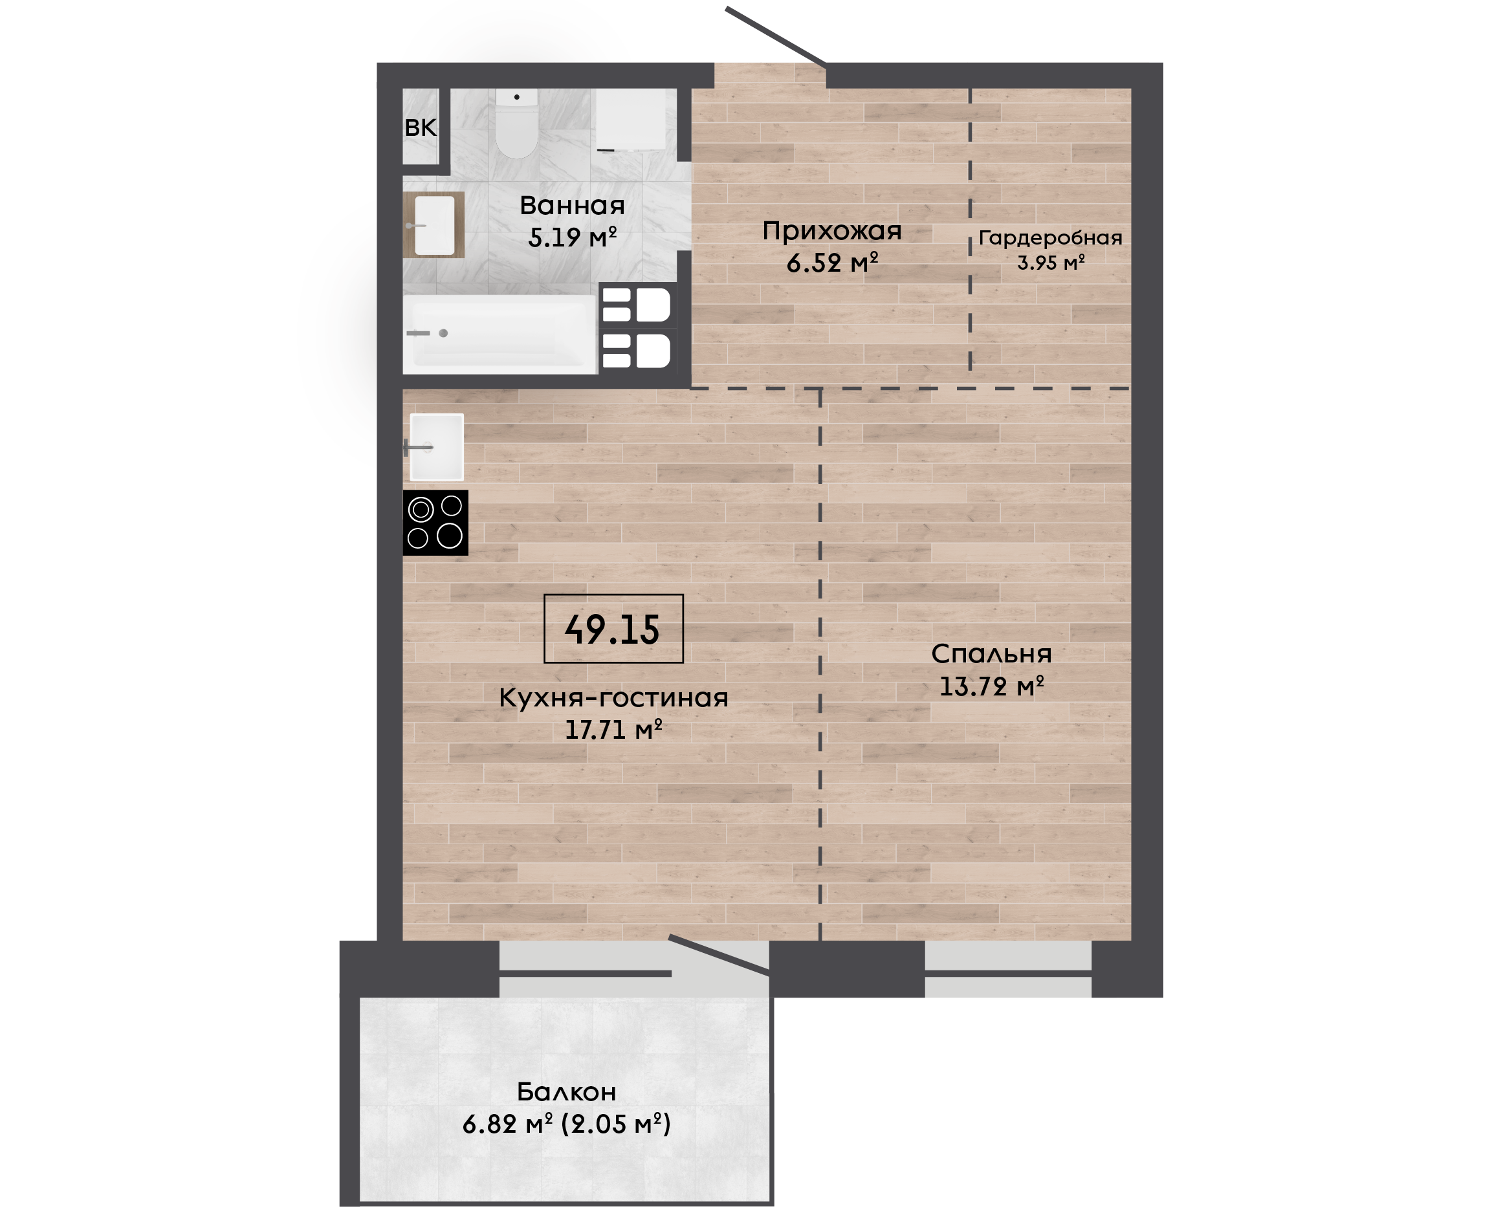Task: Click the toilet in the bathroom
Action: (516, 123)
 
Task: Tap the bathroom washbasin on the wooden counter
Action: (435, 225)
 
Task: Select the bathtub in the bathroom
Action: (500, 334)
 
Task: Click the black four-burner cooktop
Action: (435, 523)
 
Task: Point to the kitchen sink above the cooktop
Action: (436, 447)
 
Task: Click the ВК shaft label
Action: (421, 127)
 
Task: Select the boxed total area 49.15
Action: (613, 629)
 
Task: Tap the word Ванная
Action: (572, 206)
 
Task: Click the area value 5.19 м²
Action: (572, 237)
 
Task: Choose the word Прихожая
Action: (831, 230)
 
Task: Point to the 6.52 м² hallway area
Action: (831, 263)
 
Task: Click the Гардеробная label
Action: (1050, 238)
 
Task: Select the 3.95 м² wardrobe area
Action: (1050, 263)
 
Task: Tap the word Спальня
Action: (991, 654)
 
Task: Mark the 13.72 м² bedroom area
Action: (991, 687)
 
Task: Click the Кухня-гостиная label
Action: (613, 697)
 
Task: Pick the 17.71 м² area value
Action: (613, 730)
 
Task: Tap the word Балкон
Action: (567, 1091)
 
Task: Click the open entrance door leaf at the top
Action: (776, 37)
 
